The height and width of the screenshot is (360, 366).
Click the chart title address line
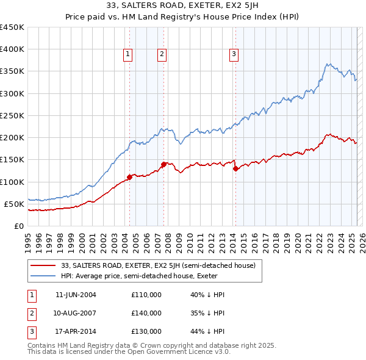point(182,7)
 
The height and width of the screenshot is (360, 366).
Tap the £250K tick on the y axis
point(12,115)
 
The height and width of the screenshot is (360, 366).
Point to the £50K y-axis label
point(14,204)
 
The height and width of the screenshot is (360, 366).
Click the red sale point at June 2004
point(129,177)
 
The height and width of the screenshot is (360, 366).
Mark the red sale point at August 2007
point(163,164)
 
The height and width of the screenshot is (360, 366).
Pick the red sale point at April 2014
point(235,168)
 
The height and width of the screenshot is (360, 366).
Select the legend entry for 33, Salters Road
point(162,265)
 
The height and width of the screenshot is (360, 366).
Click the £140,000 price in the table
point(146,313)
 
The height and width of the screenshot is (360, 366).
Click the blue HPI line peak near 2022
point(328,63)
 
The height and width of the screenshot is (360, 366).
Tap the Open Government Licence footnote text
point(129,352)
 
